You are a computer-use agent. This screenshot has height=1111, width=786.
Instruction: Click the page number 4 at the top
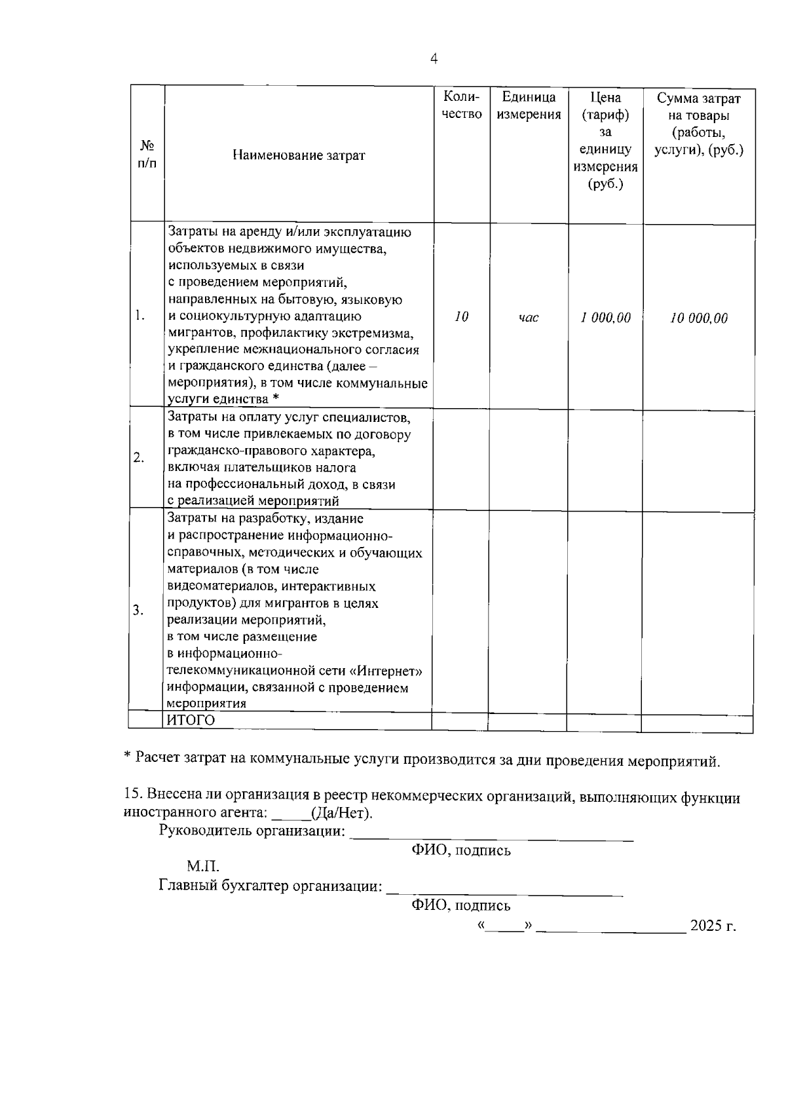433,59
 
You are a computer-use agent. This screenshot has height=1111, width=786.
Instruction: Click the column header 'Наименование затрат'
299,155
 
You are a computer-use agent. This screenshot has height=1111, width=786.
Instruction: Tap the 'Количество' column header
462,105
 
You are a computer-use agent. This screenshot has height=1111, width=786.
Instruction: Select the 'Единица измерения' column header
529,105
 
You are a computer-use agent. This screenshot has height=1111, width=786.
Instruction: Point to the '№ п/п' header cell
147,154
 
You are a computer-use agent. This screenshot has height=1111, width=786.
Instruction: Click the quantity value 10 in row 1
461,317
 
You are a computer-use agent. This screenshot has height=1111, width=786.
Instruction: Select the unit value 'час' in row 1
528,318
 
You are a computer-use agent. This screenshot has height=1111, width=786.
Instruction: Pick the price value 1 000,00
605,318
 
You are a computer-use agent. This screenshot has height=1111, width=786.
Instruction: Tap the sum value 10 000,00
698,318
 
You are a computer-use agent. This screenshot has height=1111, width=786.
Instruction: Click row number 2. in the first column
139,457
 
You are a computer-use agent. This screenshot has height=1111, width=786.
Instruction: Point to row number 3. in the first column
138,611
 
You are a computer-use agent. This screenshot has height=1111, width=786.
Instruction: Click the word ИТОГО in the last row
191,721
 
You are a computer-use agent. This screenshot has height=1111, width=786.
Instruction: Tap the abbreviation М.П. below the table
202,867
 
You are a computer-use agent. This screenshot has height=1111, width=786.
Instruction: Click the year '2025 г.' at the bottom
713,926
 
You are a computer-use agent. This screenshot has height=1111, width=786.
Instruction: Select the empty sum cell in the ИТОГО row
696,722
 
